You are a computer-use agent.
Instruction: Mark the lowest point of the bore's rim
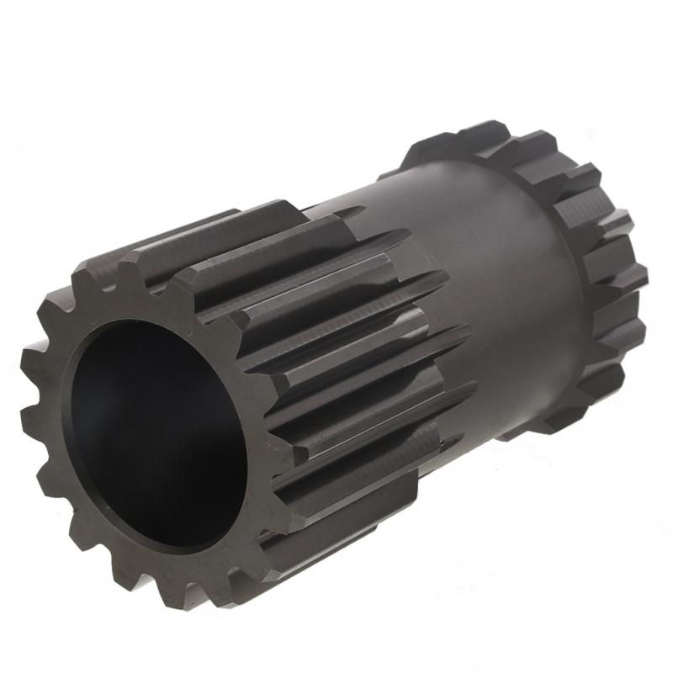pyautogui.click(x=181, y=552)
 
